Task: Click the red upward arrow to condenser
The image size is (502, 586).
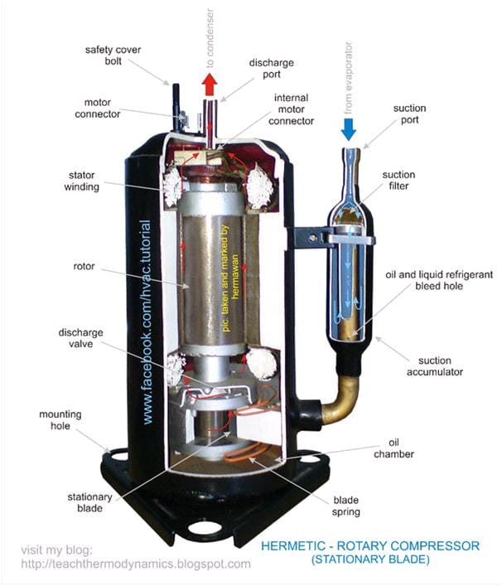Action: (x=210, y=85)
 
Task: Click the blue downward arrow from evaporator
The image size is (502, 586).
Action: (x=349, y=129)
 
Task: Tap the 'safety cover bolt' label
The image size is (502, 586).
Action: (x=113, y=56)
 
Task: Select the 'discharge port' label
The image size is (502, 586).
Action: (x=272, y=69)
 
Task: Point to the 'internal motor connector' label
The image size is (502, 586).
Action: (x=291, y=109)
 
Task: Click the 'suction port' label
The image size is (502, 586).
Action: (x=409, y=114)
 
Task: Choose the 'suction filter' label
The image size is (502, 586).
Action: (x=398, y=180)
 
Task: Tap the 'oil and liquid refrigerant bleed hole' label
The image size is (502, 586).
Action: (x=439, y=280)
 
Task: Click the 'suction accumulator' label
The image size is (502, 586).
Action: (x=435, y=366)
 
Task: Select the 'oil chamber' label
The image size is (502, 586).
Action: (x=393, y=448)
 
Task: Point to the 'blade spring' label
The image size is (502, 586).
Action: (x=346, y=506)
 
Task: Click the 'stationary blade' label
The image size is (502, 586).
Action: (x=89, y=502)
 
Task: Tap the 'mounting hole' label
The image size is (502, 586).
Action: (x=60, y=420)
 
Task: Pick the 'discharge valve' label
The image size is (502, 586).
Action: (x=80, y=338)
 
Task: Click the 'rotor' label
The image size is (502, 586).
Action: (x=84, y=266)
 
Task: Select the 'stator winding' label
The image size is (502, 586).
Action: (x=81, y=181)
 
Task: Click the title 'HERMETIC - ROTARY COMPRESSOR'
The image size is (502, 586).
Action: (x=370, y=546)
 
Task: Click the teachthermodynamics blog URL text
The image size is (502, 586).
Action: (x=136, y=564)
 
